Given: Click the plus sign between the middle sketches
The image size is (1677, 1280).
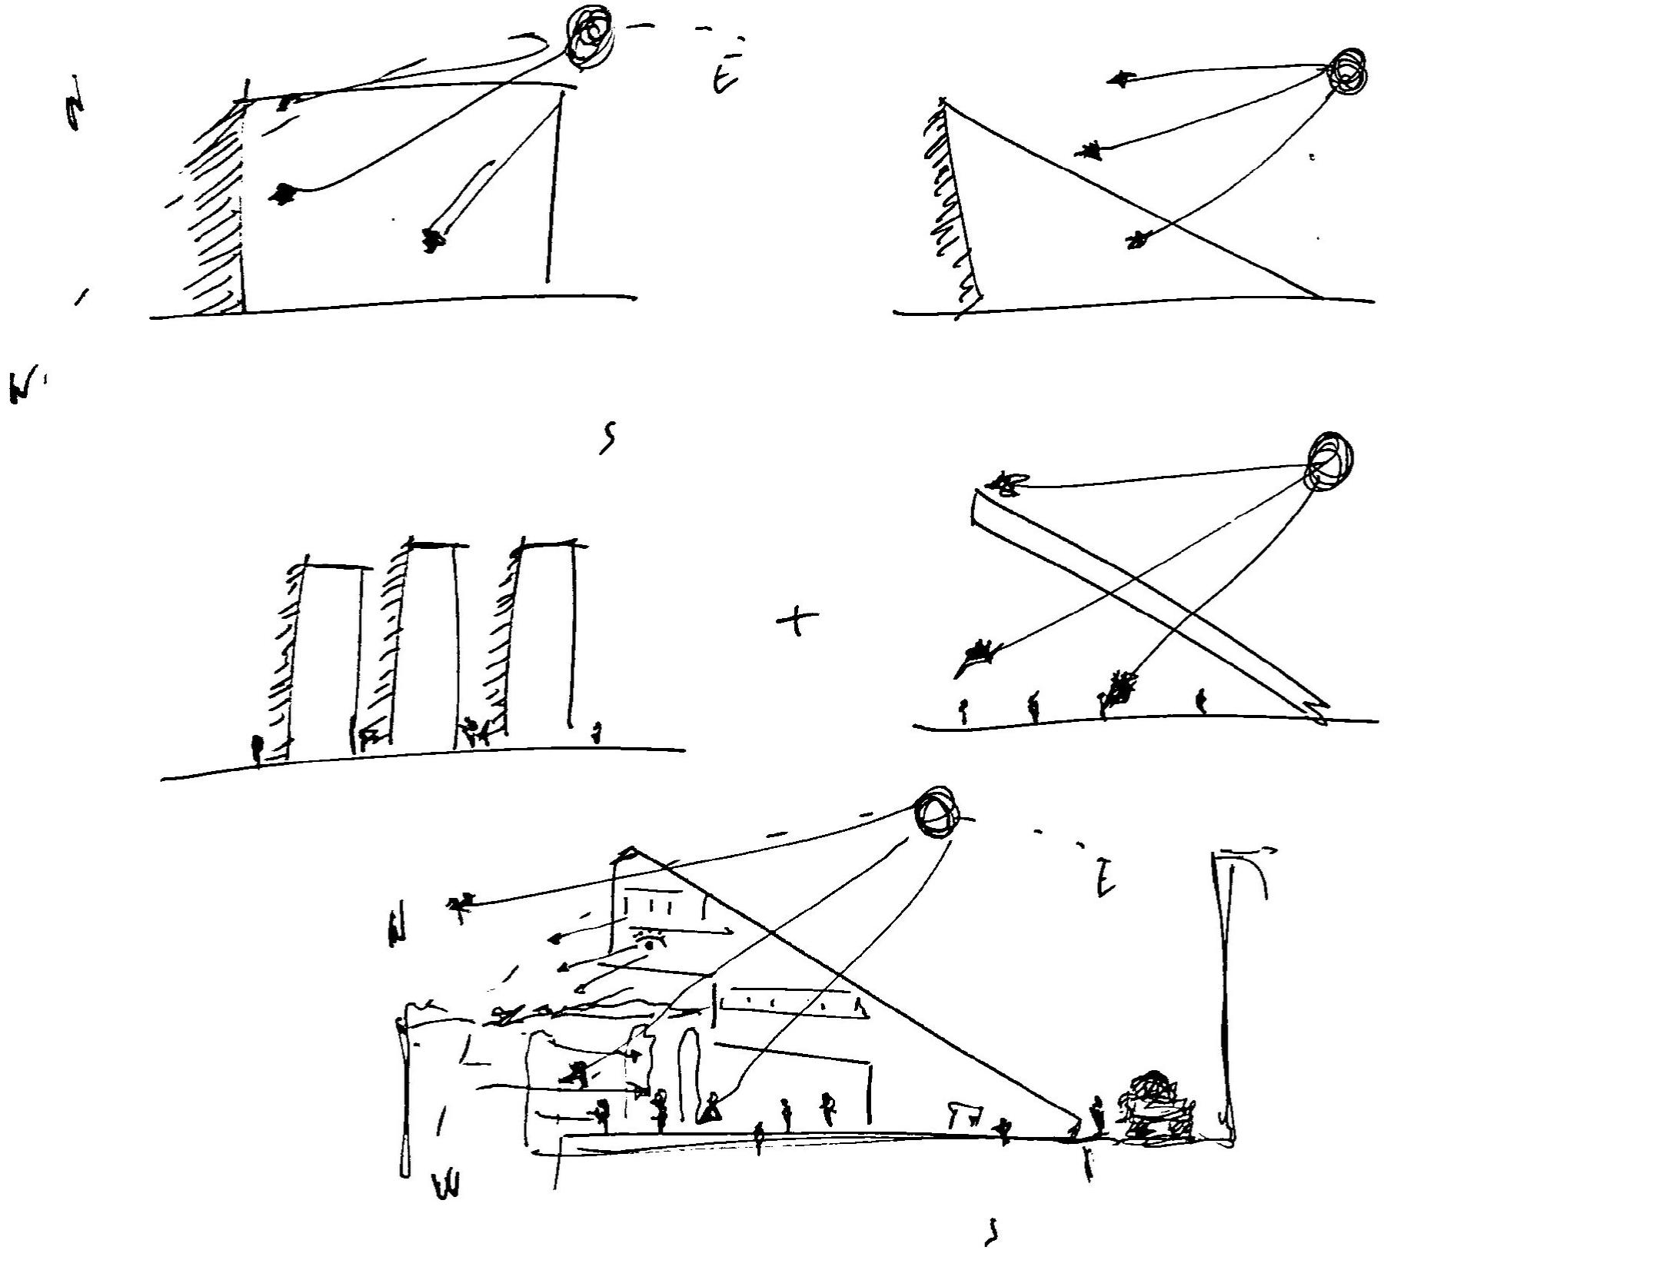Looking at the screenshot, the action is [797, 619].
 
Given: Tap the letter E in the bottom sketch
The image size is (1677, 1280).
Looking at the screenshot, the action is [1105, 879].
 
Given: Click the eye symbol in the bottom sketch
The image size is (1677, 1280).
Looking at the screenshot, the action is [651, 941].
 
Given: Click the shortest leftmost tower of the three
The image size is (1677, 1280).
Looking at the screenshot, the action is [327, 653].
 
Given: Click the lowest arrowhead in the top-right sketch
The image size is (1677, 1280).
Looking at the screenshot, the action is [1136, 240].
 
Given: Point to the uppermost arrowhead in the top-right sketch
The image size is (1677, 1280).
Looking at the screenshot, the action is [1120, 78].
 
